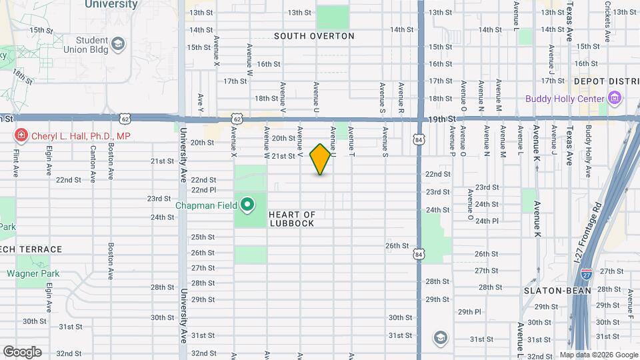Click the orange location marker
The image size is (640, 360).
320,159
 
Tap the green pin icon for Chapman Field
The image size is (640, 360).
247,205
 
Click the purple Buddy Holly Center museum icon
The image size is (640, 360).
615,99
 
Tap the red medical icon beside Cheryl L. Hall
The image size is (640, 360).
21,136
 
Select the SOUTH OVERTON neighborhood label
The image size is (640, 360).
314,36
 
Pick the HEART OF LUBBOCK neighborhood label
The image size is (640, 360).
291,219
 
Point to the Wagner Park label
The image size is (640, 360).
33,273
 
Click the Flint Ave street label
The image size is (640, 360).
15,163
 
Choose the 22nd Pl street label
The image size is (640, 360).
203,190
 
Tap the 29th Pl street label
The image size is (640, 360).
469,311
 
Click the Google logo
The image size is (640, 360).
22,352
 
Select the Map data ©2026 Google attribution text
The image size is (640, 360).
598,355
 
